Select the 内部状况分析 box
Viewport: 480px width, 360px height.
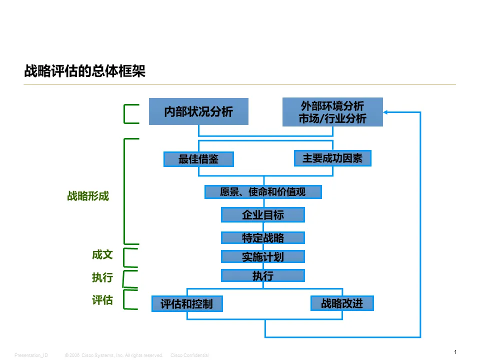pos(198,111)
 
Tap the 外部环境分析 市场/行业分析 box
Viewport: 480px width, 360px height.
pos(332,112)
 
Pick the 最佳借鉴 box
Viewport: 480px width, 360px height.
pos(198,159)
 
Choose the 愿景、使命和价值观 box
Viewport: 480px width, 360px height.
pos(263,192)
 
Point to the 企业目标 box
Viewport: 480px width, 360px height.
pos(263,215)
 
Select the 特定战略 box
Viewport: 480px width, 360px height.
pos(263,237)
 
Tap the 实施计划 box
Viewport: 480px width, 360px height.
pos(263,256)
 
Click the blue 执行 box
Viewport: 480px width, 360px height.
pos(263,275)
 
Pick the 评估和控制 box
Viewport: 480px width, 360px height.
pos(187,304)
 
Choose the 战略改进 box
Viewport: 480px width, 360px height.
pos(342,303)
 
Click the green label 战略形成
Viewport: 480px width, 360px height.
pos(88,196)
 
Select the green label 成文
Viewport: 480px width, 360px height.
pos(102,255)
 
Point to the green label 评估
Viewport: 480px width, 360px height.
pos(102,300)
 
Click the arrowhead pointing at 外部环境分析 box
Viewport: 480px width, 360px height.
pos(386,112)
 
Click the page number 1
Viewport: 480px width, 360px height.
pos(455,352)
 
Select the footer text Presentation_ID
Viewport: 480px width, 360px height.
pos(31,355)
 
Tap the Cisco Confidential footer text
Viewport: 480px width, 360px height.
pos(189,355)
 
